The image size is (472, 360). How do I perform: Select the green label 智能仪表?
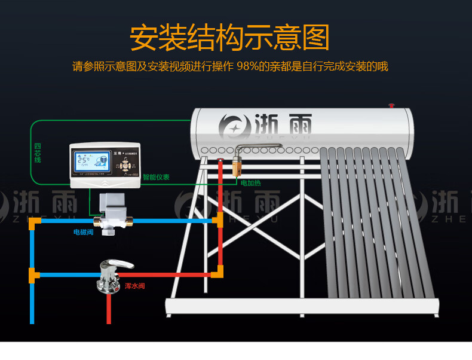(156, 177)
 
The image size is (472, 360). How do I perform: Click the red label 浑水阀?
(134, 286)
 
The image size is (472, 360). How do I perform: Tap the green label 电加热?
(250, 183)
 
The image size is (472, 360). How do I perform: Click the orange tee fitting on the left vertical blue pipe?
(33, 275)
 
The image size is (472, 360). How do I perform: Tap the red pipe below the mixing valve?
(109, 308)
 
